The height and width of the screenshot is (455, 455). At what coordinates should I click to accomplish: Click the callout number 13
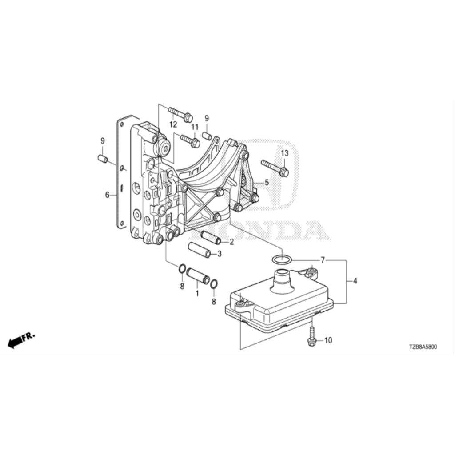pos(285,153)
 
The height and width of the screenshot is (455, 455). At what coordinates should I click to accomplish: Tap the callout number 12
pos(173,124)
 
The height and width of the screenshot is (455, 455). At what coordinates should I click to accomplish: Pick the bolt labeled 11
pos(190,140)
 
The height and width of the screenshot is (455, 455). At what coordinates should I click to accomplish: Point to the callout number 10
pos(328,340)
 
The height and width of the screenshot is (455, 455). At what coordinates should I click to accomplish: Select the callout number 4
pos(355,281)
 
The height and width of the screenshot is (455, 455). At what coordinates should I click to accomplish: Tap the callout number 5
pos(267,183)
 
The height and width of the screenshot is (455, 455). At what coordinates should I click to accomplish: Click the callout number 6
pos(107,195)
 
